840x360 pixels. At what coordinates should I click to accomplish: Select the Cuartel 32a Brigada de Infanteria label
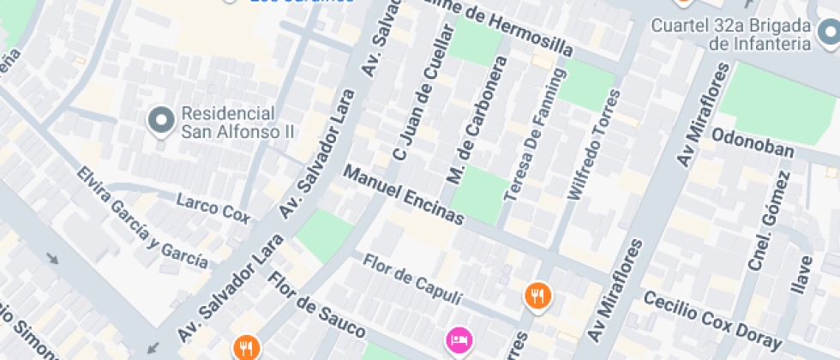pos(730,35)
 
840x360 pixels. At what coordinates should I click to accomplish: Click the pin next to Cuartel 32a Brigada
pos(828,35)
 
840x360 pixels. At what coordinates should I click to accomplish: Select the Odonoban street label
pos(753,147)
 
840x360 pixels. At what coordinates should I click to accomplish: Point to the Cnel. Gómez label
pos(768,221)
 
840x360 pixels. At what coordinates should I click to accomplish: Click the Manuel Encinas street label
pos(403,195)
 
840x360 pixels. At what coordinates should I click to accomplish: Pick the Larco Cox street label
pos(213,207)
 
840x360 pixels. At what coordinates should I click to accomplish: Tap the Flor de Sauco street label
pos(316,304)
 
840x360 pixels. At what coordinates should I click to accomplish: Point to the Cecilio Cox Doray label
pos(712,320)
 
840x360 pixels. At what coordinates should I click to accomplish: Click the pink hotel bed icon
pos(458,339)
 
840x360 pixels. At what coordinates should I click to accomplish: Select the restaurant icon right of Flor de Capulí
pos(537,296)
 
